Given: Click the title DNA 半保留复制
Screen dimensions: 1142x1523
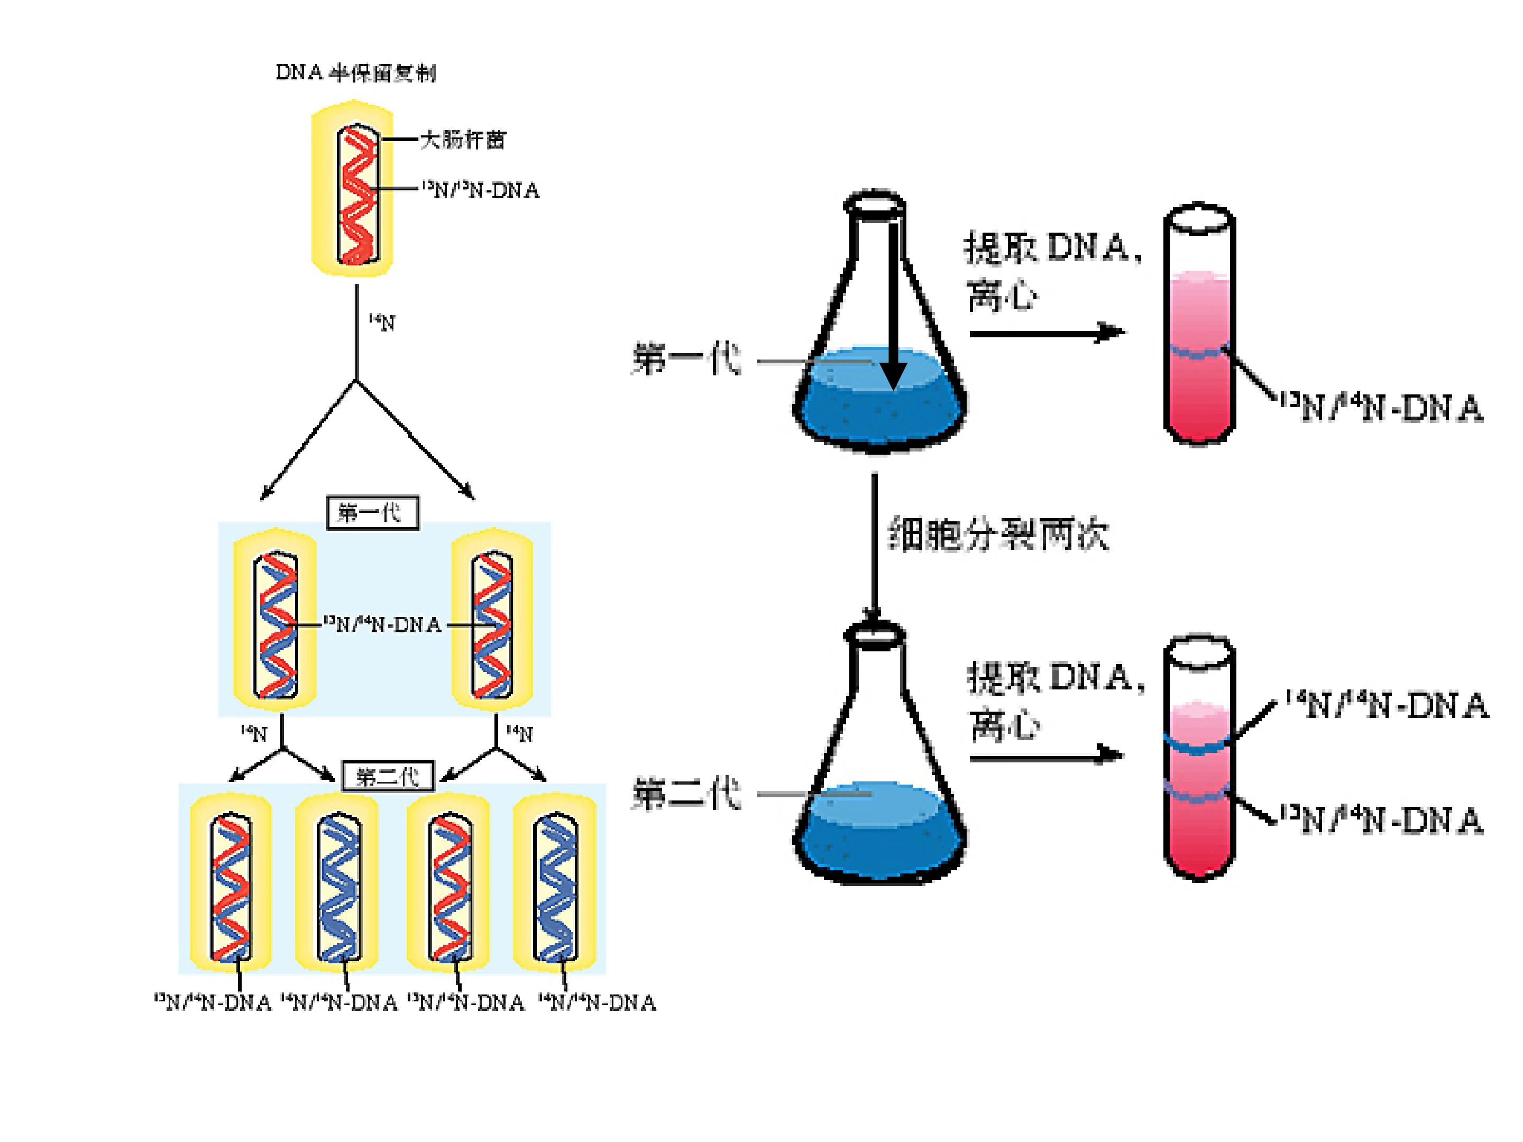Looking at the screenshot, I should pos(355,72).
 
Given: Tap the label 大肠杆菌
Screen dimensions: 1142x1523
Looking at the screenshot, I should pos(463,140).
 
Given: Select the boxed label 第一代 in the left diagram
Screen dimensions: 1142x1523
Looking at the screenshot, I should pos(372,512).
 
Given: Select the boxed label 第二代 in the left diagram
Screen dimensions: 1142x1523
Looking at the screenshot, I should pos(388,777).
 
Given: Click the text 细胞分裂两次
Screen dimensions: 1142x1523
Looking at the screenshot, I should pos(998,533).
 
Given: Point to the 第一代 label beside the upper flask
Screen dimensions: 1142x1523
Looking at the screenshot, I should pos(686,360).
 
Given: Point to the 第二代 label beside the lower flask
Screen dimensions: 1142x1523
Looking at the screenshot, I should pos(686,794).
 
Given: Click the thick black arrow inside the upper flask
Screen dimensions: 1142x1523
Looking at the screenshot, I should pos(893,303).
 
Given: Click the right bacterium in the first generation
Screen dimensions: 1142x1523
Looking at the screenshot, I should pos(492,620).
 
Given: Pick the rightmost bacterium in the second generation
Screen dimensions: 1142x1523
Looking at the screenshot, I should pos(555,882).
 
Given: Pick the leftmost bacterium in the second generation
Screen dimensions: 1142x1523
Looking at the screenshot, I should pos(231,882).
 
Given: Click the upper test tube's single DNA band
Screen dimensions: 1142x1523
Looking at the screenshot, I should pos(1199,353).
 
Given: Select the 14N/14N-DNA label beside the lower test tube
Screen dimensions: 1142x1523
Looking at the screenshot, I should pos(1387,706).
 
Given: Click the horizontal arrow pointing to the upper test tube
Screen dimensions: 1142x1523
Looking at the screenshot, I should pos(1047,333).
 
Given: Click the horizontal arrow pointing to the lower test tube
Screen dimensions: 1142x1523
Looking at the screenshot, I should pos(1047,757).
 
